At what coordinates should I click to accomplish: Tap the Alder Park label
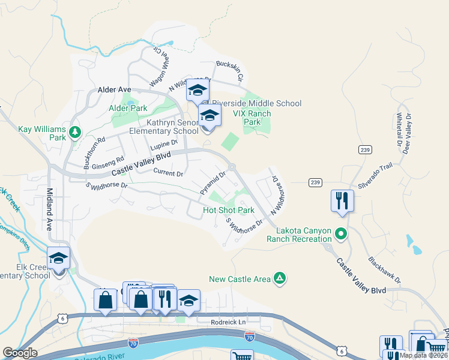(x=128, y=108)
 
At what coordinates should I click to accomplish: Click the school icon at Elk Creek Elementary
(x=59, y=259)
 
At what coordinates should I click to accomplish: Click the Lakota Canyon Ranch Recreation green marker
(x=341, y=233)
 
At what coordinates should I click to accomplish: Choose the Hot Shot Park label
(x=229, y=211)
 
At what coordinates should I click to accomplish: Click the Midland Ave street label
(x=49, y=209)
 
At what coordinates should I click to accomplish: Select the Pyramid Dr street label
(x=212, y=183)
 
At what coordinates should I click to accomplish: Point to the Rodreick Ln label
(x=229, y=322)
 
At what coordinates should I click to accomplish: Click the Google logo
(x=20, y=353)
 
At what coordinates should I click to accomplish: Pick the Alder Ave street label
(x=114, y=89)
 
